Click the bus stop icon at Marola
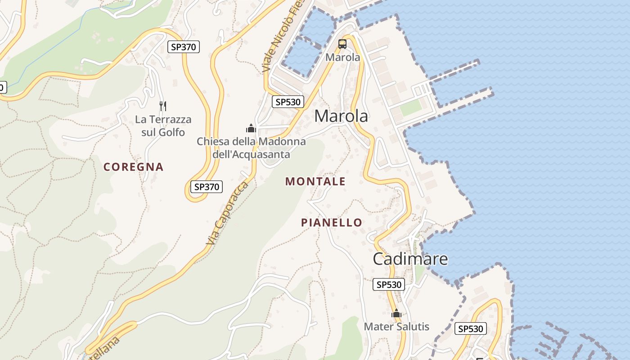pos(342,44)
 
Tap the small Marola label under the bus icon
pos(343,58)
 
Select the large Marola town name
pos(341,116)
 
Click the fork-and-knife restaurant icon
pos(163,106)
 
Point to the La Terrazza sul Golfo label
pos(163,126)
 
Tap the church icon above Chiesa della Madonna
pos(251,129)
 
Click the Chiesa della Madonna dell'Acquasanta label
pos(251,148)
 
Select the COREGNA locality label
pos(134,167)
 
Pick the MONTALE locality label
pos(315,181)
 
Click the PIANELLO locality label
pos(332,222)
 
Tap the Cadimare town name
pos(410,259)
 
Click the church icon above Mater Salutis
pos(396,314)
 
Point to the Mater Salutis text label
pos(396,327)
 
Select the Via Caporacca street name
pos(227,214)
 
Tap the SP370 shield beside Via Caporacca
pos(207,187)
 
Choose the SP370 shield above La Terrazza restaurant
pos(184,47)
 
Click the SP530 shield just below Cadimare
pos(389,284)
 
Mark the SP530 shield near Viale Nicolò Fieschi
pos(288,102)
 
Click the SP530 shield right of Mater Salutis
pos(471,329)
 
